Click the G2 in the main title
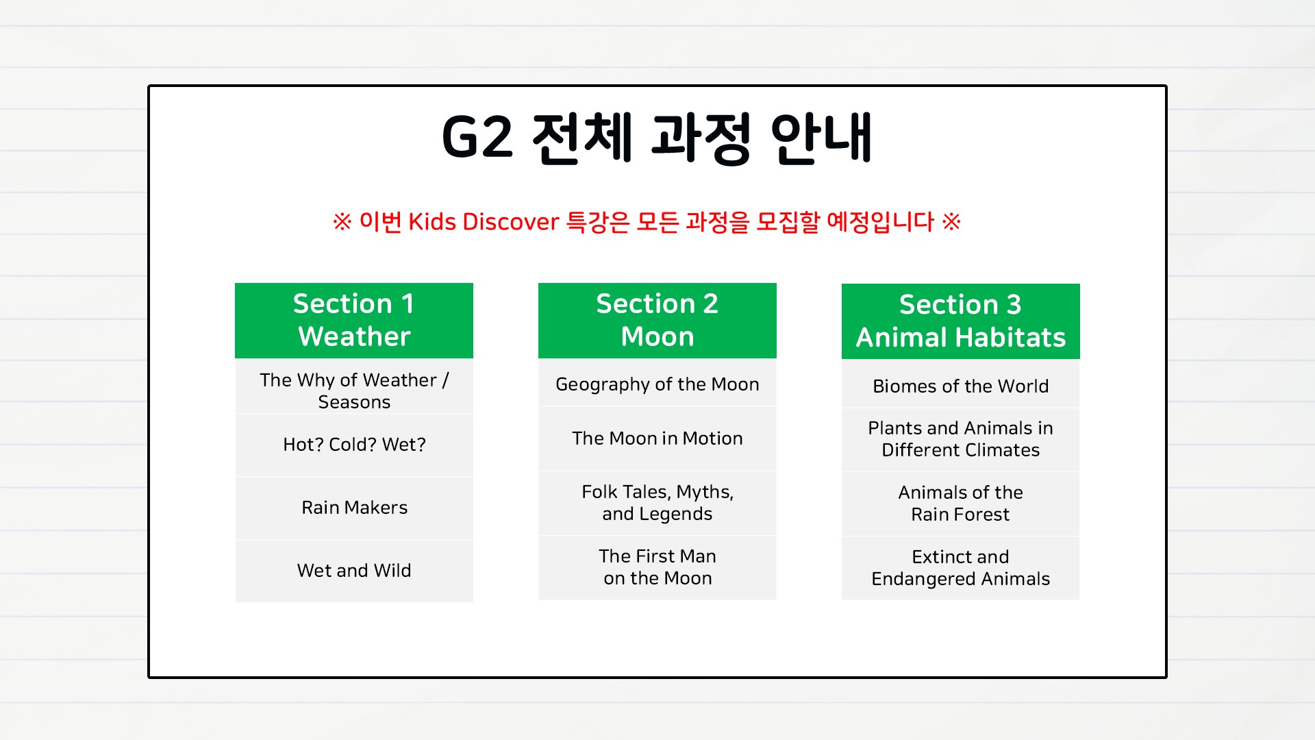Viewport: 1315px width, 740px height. coord(477,137)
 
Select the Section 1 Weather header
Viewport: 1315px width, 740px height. coord(354,321)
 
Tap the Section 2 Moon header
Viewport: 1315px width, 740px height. coord(657,321)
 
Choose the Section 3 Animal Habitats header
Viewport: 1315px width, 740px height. coord(961,321)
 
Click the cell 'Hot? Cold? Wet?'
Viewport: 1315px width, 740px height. coord(354,445)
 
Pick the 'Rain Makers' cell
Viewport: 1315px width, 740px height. coord(354,508)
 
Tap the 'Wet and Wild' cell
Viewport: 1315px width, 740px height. coord(354,571)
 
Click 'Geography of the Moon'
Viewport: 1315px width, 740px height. coord(657,384)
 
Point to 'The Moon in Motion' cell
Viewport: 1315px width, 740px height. coord(657,439)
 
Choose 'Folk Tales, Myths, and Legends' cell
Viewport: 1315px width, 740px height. coord(657,503)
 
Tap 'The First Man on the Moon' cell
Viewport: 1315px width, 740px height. coord(657,567)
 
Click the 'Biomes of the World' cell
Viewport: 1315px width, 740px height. coord(961,386)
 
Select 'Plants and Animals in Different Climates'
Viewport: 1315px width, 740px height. coord(961,439)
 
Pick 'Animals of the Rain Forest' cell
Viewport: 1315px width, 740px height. coord(961,504)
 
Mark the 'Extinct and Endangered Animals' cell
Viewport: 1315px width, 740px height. coord(961,568)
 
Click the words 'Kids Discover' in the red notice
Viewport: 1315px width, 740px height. coord(484,222)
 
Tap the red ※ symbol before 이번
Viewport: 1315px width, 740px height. coord(342,221)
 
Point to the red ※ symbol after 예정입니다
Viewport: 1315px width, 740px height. coord(951,221)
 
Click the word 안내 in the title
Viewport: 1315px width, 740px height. coord(822,138)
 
